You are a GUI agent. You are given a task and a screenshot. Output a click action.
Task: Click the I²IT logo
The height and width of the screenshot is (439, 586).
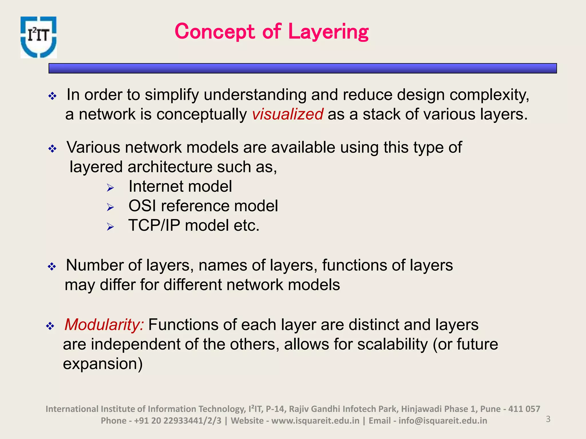pos(39,37)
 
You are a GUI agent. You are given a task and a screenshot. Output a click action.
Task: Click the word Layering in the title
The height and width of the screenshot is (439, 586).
pos(328,32)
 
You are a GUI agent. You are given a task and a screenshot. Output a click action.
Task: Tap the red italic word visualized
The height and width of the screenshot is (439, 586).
pos(288,114)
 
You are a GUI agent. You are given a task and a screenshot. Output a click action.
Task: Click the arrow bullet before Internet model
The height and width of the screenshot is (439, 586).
pos(110,188)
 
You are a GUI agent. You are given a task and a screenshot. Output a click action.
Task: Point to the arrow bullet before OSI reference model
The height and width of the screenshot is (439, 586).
pos(110,207)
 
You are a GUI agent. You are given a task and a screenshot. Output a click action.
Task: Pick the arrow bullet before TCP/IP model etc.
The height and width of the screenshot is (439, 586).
pos(110,227)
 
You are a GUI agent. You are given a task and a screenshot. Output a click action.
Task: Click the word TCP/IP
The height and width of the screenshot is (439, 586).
pos(154,226)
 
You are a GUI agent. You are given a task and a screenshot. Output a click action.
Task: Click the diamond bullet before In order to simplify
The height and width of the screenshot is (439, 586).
pos(52,96)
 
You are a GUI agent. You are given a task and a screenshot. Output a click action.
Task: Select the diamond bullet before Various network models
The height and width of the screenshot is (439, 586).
pos(52,149)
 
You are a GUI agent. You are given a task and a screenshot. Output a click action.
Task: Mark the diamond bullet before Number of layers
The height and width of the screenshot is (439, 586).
pos(52,267)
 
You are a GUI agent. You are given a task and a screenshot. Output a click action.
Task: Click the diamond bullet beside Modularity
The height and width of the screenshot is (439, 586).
pos(50,326)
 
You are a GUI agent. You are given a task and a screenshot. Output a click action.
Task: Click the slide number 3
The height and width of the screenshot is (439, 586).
pos(548,419)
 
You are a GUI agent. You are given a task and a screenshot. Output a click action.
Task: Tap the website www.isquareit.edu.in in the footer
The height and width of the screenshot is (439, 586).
pos(315,421)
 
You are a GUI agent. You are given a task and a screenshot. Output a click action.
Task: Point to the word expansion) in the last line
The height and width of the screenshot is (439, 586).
pos(103,364)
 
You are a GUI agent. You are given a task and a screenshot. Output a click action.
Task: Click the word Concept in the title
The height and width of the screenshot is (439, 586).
pos(215,32)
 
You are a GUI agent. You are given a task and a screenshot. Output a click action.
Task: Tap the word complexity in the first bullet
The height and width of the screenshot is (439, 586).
pos(489,95)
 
